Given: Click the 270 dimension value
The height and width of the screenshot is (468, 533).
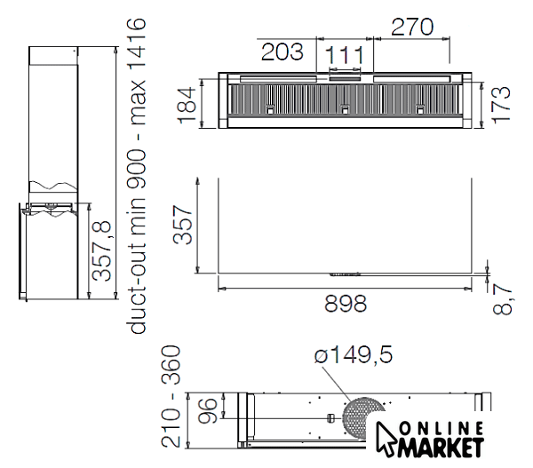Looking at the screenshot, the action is point(412,27).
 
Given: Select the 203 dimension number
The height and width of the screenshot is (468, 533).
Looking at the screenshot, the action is point(282,52).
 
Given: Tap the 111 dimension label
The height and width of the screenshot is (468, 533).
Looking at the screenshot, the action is point(345,55).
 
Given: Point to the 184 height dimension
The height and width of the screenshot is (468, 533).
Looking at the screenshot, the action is point(187,105).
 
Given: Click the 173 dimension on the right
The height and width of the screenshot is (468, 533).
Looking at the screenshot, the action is point(501,104).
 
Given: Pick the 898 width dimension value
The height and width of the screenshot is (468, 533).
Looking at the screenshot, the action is point(346,304).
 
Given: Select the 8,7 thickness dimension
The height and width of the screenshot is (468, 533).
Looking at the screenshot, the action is point(503,300).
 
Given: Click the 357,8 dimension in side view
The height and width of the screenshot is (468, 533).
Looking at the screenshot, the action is point(101,250).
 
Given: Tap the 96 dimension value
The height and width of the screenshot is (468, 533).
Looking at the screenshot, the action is point(207,410).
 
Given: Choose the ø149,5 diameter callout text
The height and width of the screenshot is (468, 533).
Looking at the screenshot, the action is point(354,354).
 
